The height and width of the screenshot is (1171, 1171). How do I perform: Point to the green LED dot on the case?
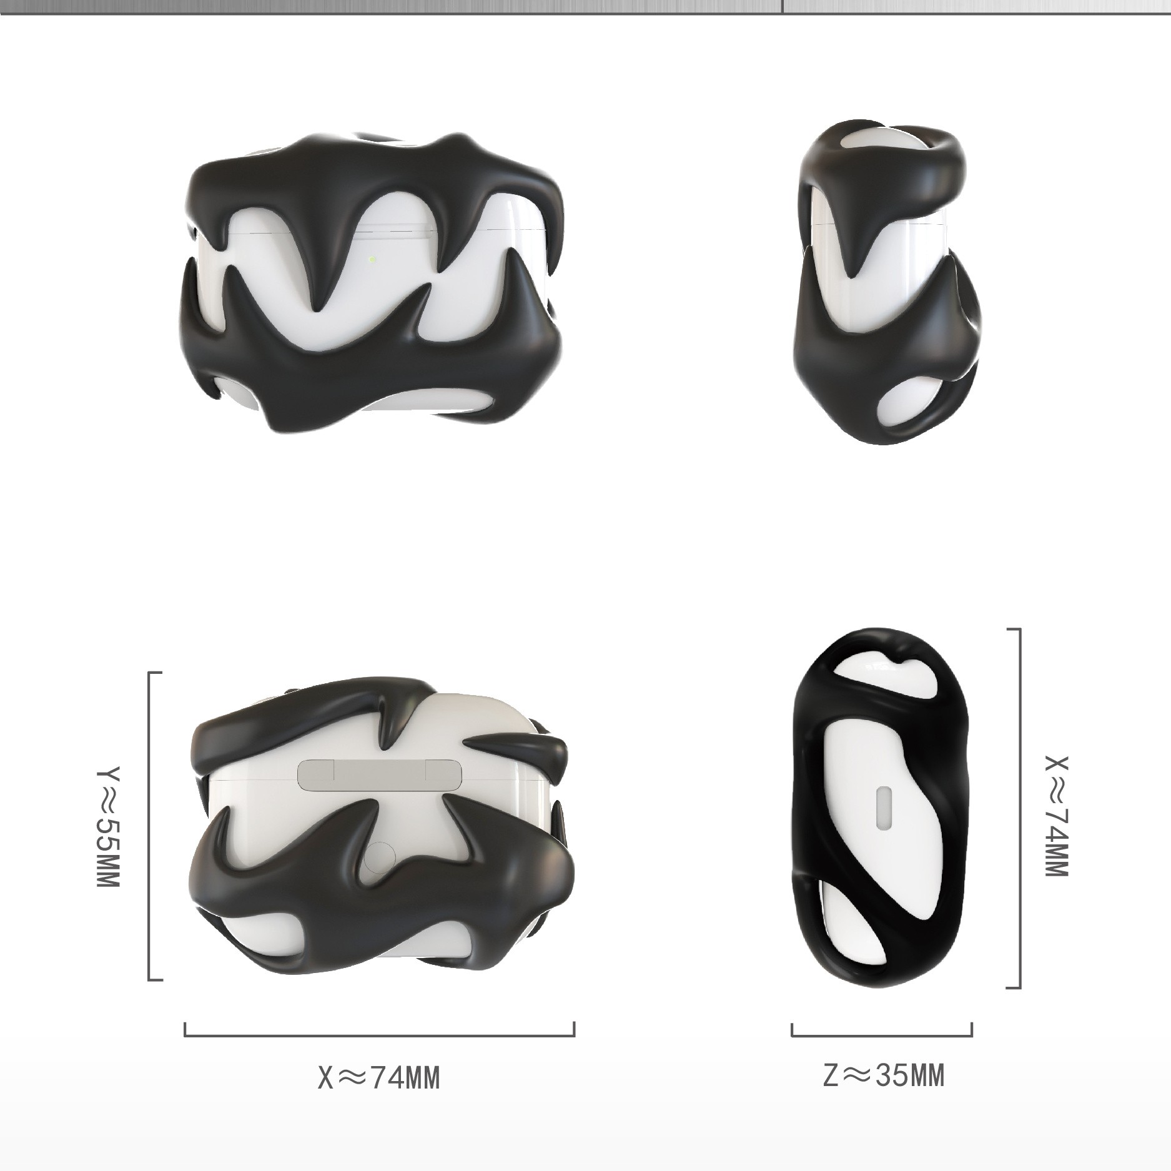pyautogui.click(x=372, y=259)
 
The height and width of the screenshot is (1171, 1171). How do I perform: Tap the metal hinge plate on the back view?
pyautogui.click(x=380, y=774)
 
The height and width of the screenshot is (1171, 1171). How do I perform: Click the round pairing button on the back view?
pyautogui.click(x=381, y=857)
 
